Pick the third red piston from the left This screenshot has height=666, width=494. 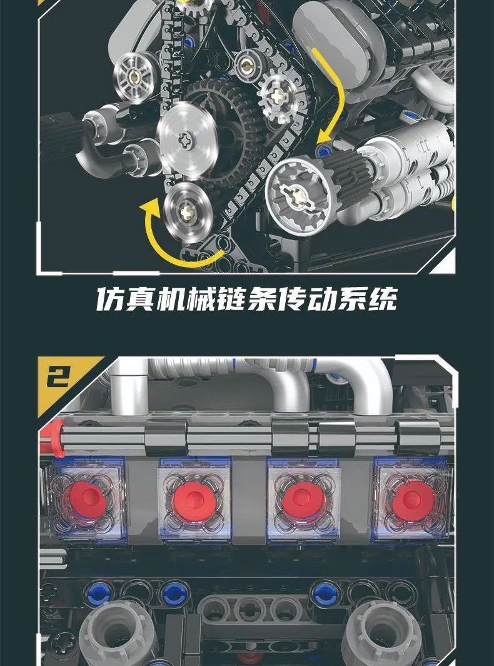click(x=302, y=500)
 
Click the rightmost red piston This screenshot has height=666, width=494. click(x=412, y=500)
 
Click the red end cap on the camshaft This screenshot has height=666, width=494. click(x=53, y=438)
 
